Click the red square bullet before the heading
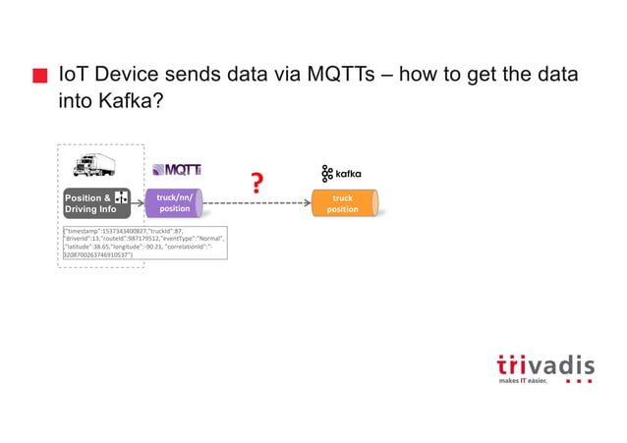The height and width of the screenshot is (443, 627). tap(40, 77)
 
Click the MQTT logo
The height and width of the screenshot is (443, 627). tap(176, 171)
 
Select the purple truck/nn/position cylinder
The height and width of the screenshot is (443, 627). tap(175, 203)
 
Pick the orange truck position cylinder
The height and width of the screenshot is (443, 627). tap(343, 203)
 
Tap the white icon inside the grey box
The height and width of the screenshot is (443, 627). tap(122, 198)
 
